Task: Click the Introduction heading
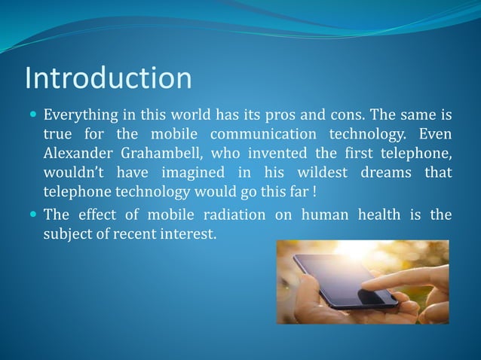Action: pyautogui.click(x=108, y=78)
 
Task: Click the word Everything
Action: pyautogui.click(x=79, y=117)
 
